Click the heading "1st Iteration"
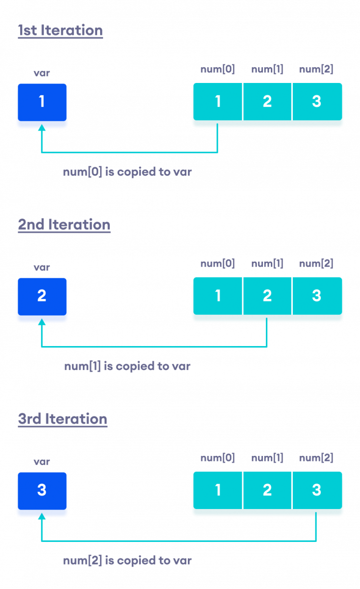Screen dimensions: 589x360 (x=60, y=30)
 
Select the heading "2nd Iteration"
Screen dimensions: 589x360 (x=64, y=225)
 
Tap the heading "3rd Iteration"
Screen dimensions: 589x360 (x=62, y=419)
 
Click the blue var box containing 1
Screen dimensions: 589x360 (x=42, y=102)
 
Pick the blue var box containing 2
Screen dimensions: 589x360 (x=42, y=296)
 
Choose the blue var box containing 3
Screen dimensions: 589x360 (x=42, y=491)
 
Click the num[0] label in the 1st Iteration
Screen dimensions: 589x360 (x=218, y=69)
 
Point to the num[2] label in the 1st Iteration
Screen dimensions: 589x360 (x=316, y=69)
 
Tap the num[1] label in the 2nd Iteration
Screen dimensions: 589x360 (x=267, y=264)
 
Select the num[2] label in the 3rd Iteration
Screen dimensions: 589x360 (x=316, y=458)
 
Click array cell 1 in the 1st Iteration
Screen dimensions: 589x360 (x=218, y=102)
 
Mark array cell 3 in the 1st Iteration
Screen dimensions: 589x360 (x=317, y=102)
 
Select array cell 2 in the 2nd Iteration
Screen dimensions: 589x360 (x=267, y=296)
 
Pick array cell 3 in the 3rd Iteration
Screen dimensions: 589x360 (x=317, y=491)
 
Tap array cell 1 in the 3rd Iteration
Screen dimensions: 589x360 (x=218, y=491)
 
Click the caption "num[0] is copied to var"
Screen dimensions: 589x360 (x=128, y=172)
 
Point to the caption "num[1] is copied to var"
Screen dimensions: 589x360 (x=128, y=366)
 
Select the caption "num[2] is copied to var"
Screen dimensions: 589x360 (x=128, y=561)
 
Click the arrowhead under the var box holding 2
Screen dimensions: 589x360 (x=42, y=322)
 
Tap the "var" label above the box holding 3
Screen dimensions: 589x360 (x=42, y=462)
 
